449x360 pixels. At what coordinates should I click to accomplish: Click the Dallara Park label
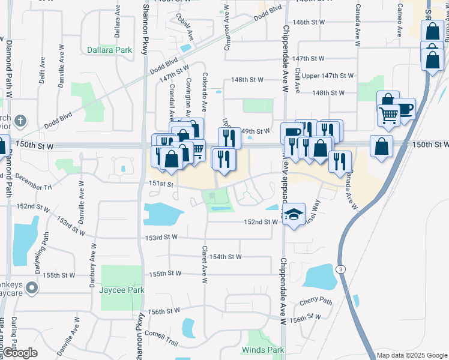109,50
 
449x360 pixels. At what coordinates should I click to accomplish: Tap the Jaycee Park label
122,290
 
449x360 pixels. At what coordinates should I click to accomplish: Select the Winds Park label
263,350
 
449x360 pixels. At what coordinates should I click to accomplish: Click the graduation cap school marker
294,214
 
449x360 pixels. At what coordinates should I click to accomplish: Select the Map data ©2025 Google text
412,355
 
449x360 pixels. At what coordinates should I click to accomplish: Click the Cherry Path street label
316,301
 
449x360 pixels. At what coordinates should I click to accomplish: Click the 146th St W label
309,22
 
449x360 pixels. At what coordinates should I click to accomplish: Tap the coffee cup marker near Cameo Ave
405,109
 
